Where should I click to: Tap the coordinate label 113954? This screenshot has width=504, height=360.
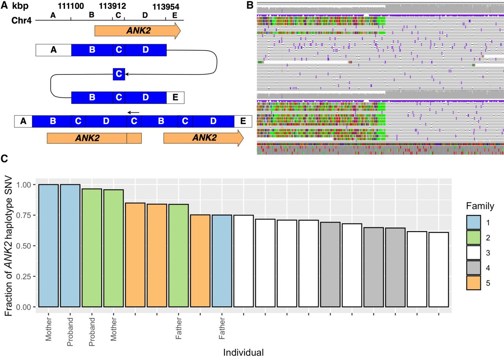click(x=165, y=6)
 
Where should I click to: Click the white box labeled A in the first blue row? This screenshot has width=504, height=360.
click(x=54, y=50)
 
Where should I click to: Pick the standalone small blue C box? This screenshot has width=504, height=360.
click(x=119, y=74)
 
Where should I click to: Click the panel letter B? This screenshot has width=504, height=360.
click(x=249, y=5)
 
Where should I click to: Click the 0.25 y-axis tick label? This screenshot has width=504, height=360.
click(x=25, y=276)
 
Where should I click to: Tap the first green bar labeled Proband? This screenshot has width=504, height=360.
click(x=92, y=248)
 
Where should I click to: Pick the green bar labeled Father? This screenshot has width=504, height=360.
click(x=179, y=255)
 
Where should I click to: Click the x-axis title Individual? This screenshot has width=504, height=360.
click(x=243, y=352)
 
